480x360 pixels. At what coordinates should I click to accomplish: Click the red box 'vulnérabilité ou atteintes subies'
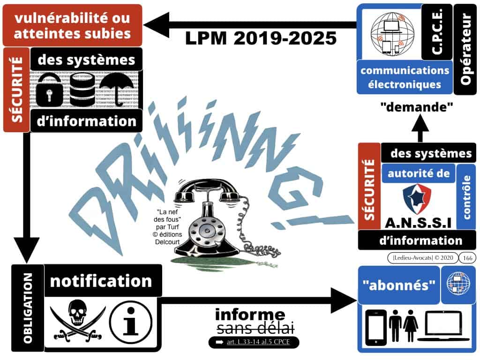point(72,26)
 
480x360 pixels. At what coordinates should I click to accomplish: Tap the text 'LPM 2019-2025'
point(261,38)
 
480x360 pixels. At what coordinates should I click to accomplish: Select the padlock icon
point(49,90)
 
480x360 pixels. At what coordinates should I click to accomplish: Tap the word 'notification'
point(101,281)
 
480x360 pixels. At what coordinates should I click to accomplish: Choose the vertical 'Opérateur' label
point(465,49)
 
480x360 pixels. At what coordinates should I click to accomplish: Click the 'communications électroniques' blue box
point(404,77)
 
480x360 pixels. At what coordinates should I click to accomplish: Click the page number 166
point(467,257)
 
